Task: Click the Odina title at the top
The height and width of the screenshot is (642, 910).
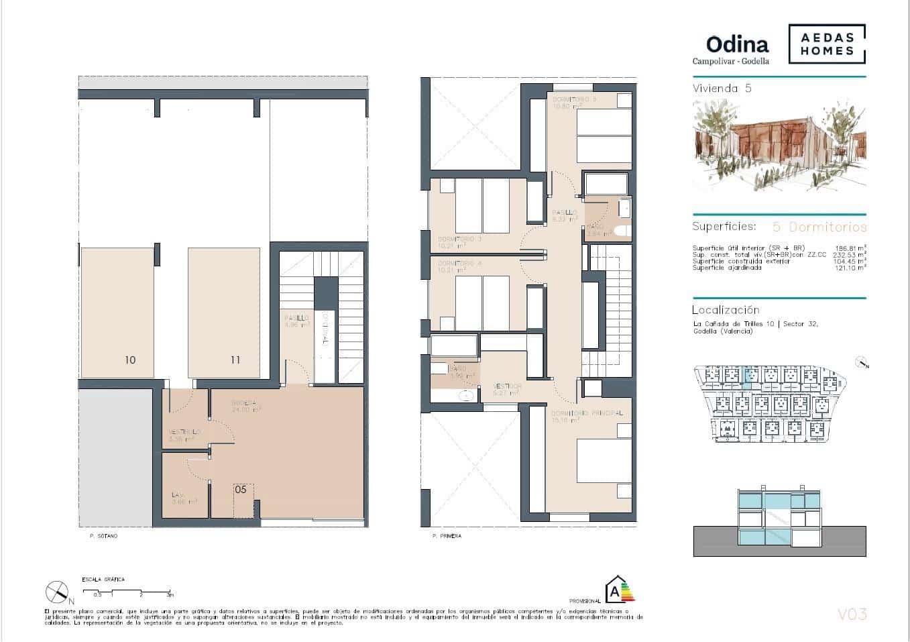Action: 737,44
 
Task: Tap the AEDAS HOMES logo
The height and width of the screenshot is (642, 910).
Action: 826,44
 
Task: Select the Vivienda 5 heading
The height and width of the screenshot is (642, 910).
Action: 722,89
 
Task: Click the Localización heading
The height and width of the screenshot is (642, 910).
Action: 726,310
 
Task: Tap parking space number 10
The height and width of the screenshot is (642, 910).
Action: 130,360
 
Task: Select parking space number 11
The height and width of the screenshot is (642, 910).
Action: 235,360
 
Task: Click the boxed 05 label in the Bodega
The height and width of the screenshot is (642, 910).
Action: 241,490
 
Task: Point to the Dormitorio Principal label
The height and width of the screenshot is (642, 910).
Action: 587,413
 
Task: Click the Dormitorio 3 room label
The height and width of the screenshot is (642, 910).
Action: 460,239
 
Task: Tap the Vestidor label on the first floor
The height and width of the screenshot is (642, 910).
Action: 507,386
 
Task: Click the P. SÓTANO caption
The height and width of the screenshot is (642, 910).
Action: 103,536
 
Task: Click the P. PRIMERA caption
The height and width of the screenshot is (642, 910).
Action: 447,536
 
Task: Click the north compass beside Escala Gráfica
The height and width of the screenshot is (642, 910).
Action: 58,592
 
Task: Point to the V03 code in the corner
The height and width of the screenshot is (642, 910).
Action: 852,614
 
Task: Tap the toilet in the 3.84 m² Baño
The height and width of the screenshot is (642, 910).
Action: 621,231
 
